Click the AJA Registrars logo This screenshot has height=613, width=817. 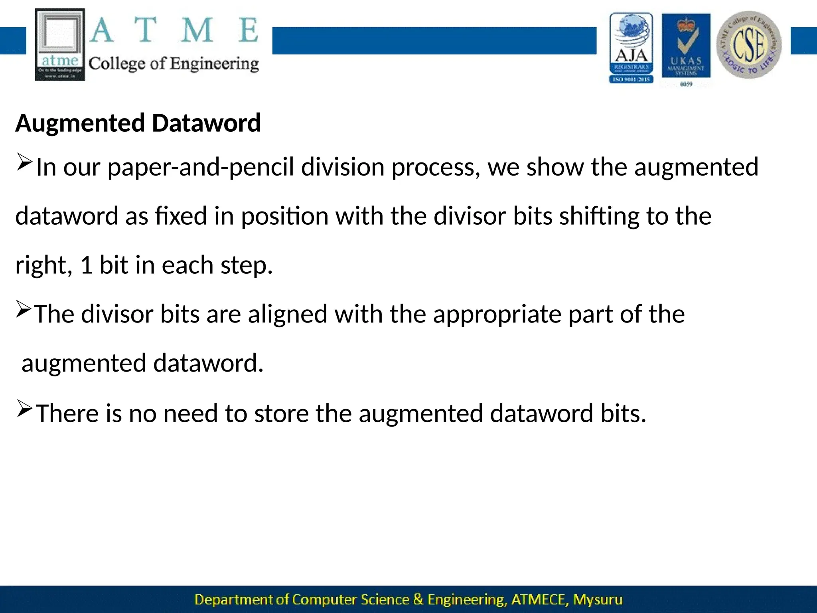click(x=631, y=48)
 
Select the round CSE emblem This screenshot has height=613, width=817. click(x=749, y=45)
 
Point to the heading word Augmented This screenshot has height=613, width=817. click(x=80, y=123)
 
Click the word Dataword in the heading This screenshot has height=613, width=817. click(x=206, y=123)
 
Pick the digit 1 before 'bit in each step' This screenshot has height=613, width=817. click(x=87, y=265)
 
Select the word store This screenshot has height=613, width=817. click(x=281, y=413)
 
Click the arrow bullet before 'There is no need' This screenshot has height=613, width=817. click(x=24, y=409)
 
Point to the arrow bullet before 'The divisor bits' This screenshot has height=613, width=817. click(x=24, y=310)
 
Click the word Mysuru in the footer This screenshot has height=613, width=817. click(x=598, y=599)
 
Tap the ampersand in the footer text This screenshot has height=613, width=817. click(x=418, y=599)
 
